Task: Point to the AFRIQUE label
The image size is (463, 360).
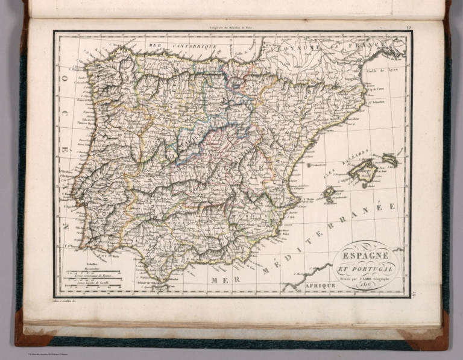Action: [x=319, y=285]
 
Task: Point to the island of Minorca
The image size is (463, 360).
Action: [x=390, y=159]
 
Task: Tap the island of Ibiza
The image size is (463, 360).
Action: [x=329, y=194]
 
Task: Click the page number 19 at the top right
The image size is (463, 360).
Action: [x=408, y=26]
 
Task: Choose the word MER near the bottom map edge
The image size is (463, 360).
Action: [x=221, y=280]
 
